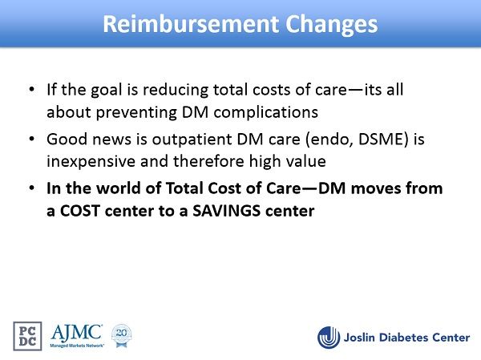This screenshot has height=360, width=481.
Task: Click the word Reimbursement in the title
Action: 191,24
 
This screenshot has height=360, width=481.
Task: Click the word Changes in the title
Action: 332,26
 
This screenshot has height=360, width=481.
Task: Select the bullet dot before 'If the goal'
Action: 31,89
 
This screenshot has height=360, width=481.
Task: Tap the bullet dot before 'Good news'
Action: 31,139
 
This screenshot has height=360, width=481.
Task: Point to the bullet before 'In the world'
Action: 31,188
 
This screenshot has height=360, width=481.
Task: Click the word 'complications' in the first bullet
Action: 265,112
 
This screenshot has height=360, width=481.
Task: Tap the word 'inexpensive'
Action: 91,162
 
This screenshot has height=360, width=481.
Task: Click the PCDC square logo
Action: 27,336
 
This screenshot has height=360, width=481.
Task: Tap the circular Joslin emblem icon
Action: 329,338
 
